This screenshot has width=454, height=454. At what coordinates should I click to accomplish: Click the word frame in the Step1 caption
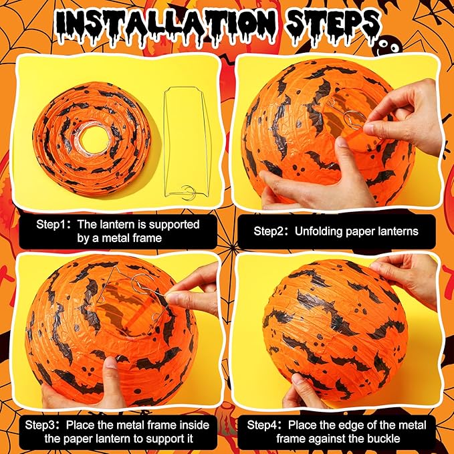tap(147, 238)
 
